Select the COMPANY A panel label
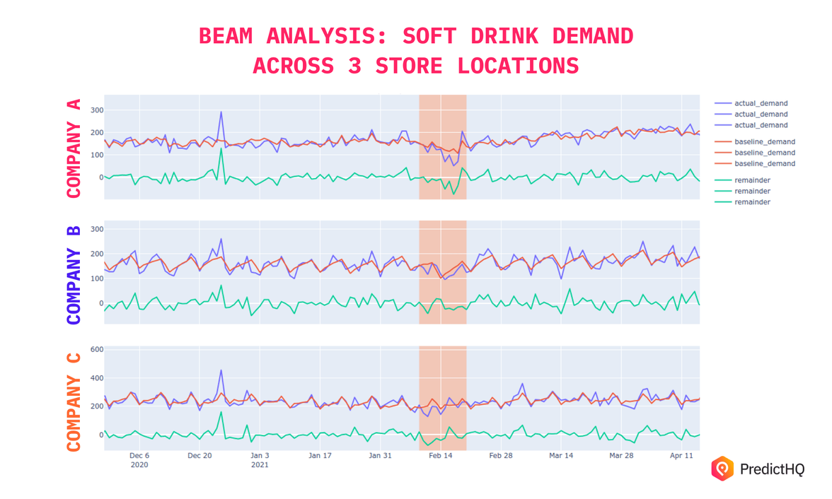point(74,148)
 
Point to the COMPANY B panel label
point(74,275)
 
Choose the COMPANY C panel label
point(74,402)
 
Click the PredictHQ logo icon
point(722,469)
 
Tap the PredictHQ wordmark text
point(772,469)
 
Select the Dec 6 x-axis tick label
point(139,456)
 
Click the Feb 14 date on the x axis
point(440,456)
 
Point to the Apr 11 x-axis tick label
point(681,456)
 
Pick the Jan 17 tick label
point(320,456)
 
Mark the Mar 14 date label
point(561,456)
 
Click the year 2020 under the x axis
point(139,465)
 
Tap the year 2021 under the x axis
point(260,465)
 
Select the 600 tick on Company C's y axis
point(96,350)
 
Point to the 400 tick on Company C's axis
point(96,378)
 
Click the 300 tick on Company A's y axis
point(96,110)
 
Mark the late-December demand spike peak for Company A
point(221,112)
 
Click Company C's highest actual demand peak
point(221,370)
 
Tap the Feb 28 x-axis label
point(500,456)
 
